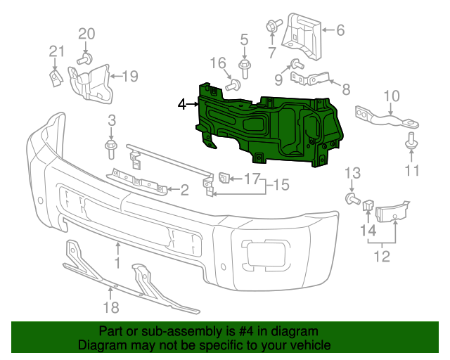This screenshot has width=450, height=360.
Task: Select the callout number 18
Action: pos(111,307)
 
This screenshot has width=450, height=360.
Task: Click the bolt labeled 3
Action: pos(111,148)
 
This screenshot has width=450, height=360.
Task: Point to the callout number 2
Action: pos(184,189)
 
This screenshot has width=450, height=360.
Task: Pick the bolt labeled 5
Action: pos(340,30)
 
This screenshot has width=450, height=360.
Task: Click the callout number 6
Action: pos(271,26)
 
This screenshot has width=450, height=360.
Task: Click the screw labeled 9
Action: pos(391,96)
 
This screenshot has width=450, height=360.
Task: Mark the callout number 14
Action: pos(281,185)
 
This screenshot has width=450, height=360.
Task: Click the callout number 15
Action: pos(234,85)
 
